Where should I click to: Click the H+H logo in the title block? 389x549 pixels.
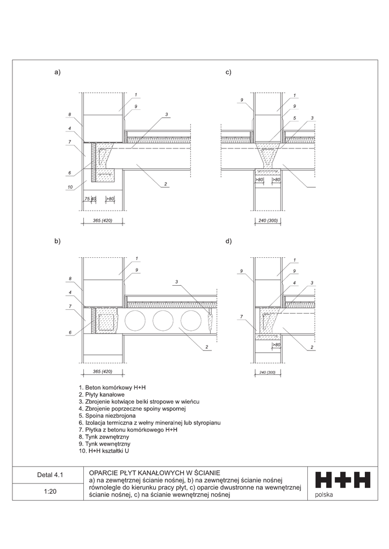tap(342, 480)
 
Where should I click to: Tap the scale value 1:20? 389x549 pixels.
tap(50, 491)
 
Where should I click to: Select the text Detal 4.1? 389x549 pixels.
tap(50, 475)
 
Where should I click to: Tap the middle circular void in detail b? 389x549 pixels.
tap(163, 321)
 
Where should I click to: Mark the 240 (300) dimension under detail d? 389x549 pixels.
tap(264, 372)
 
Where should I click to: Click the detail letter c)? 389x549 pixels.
tap(228, 72)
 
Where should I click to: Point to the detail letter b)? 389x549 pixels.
tap(57, 241)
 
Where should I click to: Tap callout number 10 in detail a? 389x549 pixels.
tap(70, 187)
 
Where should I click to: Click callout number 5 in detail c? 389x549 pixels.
tap(295, 118)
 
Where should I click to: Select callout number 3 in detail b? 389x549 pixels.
tap(177, 281)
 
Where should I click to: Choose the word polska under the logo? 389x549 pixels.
tap(325, 494)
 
